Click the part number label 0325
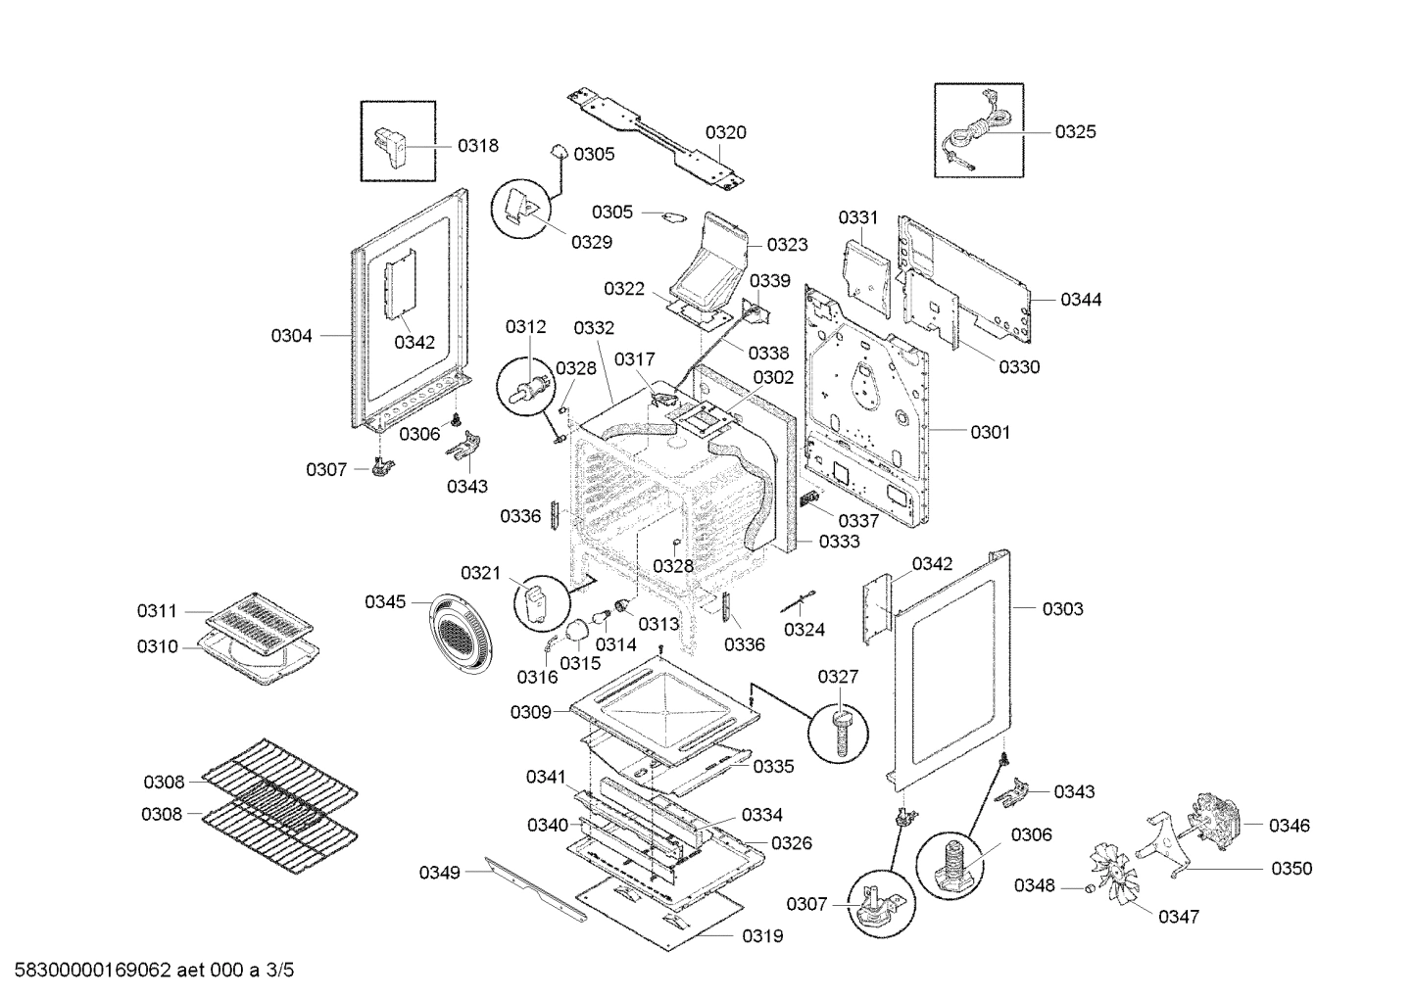click(x=1075, y=131)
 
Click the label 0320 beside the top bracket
click(x=726, y=132)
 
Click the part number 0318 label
click(x=478, y=146)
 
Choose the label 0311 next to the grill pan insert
click(x=157, y=611)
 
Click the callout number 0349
click(x=439, y=873)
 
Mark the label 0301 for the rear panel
click(x=990, y=432)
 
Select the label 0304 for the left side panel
click(x=291, y=336)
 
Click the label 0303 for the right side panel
click(x=1062, y=609)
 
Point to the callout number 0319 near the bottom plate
click(x=762, y=936)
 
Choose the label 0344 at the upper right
click(x=1081, y=300)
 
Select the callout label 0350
click(x=1291, y=869)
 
